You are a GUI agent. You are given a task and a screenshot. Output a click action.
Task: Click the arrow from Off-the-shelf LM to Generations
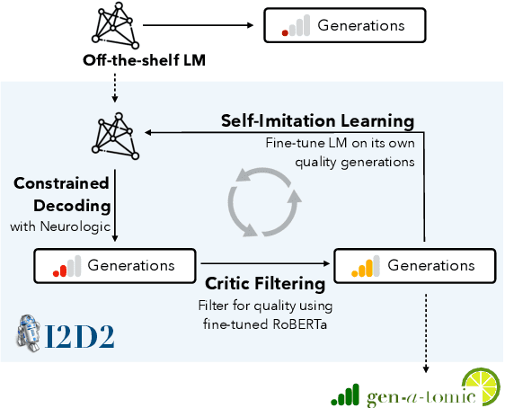tap(201, 25)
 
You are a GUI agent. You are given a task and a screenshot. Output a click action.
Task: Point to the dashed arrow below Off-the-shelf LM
tap(114, 90)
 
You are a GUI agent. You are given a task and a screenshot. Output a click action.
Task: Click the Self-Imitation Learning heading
tap(318, 120)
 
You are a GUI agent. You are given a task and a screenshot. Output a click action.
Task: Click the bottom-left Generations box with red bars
tap(114, 265)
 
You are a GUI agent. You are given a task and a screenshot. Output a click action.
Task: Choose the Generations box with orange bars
tap(414, 265)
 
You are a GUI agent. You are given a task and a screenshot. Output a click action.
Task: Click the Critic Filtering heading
tap(265, 284)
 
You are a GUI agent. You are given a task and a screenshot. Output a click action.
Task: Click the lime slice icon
tap(482, 385)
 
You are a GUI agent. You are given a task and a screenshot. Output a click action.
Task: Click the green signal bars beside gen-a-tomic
tap(344, 393)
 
